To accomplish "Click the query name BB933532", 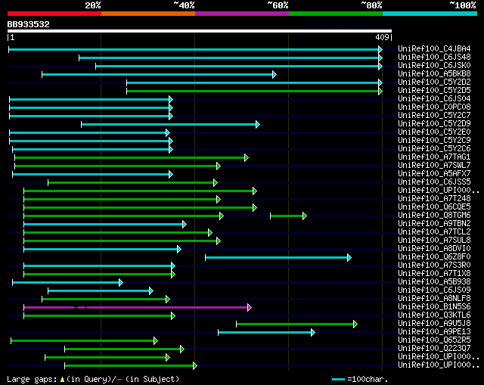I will coord(29,24).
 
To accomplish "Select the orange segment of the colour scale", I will coord(148,13).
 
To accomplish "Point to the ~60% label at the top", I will coord(278,5).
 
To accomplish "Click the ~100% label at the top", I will coord(463,5).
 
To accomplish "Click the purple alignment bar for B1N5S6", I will coord(136,307).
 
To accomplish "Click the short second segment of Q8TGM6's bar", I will coord(287,216).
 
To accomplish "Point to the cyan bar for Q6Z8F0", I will coord(277,257).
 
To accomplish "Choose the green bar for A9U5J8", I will coord(295,324).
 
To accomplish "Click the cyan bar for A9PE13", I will coord(265,332).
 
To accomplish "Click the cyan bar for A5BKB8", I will coord(159,74).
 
